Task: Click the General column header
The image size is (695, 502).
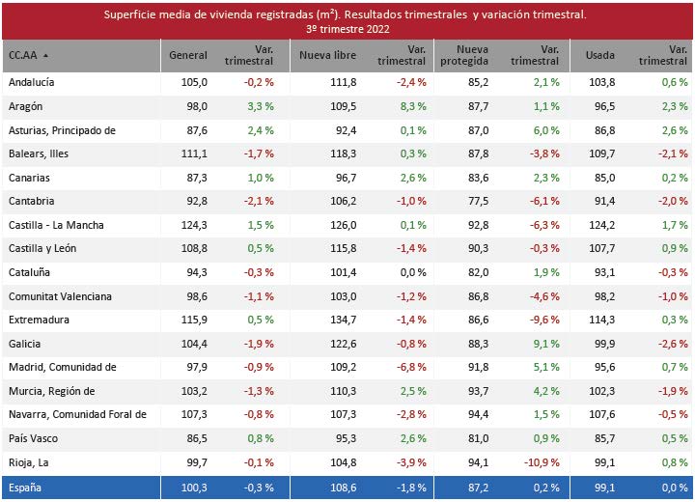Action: (x=188, y=55)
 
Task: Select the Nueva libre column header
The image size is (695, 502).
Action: (x=327, y=55)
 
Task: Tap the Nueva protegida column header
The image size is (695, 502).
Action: (x=459, y=55)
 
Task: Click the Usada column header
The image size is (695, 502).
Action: (x=599, y=55)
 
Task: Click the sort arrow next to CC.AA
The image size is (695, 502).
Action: (x=45, y=56)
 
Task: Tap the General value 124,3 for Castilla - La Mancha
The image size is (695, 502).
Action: (x=194, y=225)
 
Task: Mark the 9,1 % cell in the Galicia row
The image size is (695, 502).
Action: (x=545, y=343)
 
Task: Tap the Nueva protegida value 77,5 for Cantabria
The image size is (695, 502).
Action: (x=477, y=201)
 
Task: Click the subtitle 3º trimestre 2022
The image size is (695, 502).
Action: (x=347, y=30)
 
